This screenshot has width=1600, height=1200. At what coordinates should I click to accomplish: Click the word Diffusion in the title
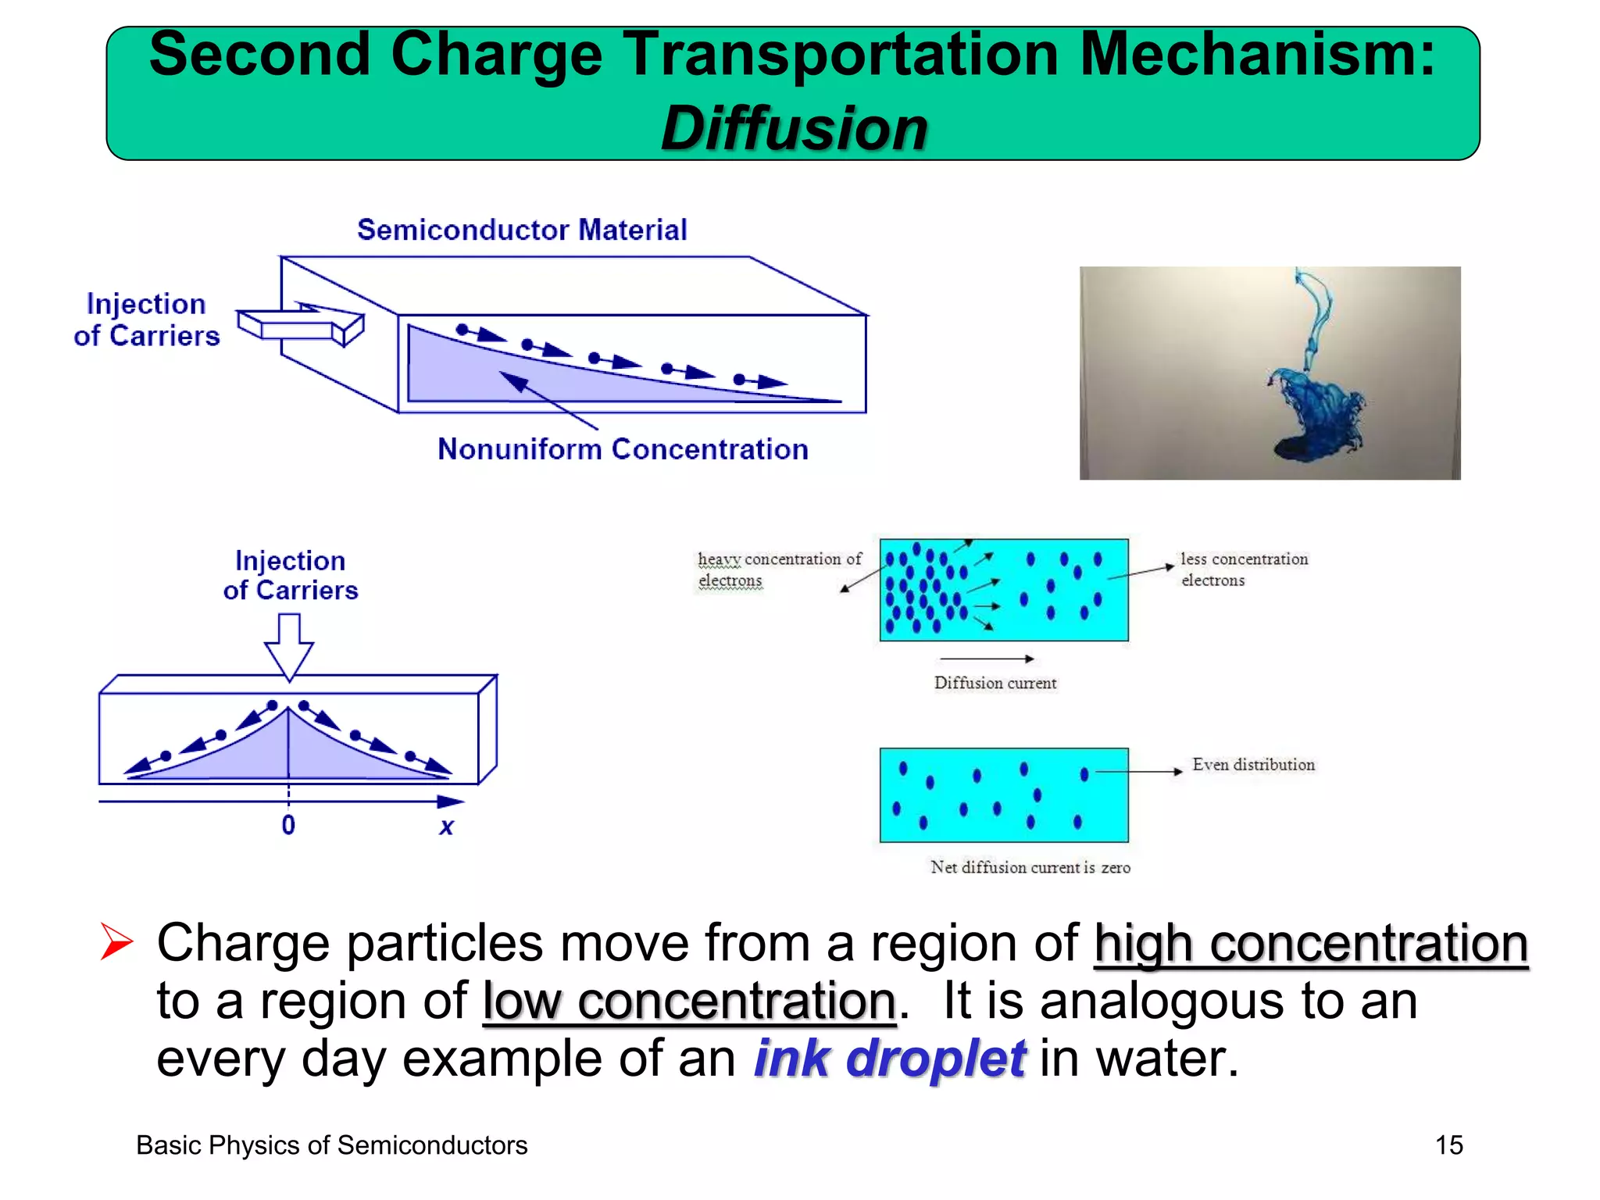tap(794, 128)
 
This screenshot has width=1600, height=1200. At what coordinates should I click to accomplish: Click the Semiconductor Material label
tap(522, 230)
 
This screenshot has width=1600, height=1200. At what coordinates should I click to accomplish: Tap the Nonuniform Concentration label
tap(623, 449)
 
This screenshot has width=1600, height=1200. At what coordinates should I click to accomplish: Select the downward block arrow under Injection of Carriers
tap(289, 645)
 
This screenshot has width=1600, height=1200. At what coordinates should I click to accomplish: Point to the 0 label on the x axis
tap(288, 825)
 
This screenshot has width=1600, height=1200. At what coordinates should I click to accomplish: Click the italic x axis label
tap(446, 826)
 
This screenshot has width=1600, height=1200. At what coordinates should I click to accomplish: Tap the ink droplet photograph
tap(1270, 373)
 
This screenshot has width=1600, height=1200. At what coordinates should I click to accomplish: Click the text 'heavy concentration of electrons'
tap(778, 570)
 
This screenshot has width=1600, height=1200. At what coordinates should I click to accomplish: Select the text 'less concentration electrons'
tap(1244, 570)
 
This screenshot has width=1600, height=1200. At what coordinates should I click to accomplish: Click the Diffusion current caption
tap(995, 683)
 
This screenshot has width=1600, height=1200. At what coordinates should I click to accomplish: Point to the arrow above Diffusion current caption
tap(986, 659)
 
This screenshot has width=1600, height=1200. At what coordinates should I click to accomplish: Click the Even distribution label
tap(1253, 765)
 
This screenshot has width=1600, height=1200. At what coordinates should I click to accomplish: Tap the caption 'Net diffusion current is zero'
tap(1030, 867)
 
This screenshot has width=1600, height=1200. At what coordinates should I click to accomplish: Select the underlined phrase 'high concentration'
tap(1310, 944)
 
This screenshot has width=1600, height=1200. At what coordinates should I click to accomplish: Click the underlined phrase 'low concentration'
tap(689, 1002)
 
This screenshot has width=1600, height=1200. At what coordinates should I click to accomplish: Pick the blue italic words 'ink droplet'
tap(889, 1059)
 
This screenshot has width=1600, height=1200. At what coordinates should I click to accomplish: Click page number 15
tap(1448, 1145)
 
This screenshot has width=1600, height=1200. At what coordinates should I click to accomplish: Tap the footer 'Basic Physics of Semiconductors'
tap(332, 1145)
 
